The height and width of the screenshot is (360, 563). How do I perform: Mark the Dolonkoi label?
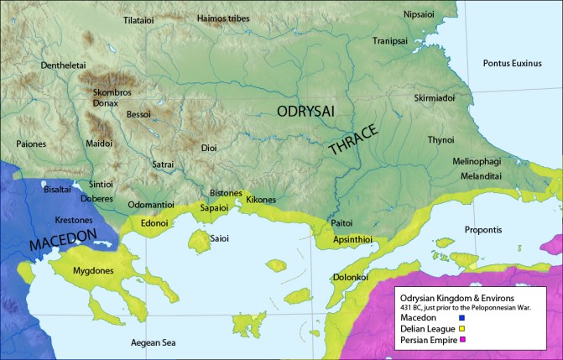click(x=348, y=275)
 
